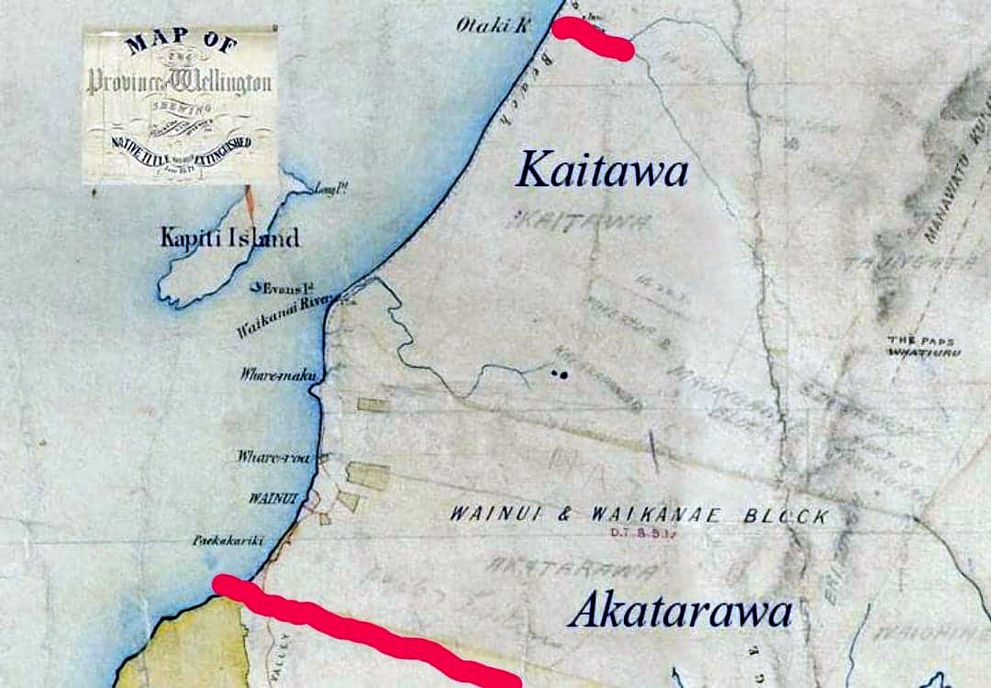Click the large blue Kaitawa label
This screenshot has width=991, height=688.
[x=602, y=170]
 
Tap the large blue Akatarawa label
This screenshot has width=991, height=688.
[x=679, y=611]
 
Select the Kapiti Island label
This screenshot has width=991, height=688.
[x=229, y=239]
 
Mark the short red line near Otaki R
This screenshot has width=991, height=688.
[x=593, y=39]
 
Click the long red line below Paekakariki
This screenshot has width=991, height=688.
[x=367, y=633]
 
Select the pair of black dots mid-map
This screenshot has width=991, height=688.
[x=560, y=373]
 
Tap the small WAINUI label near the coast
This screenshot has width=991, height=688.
[x=269, y=498]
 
